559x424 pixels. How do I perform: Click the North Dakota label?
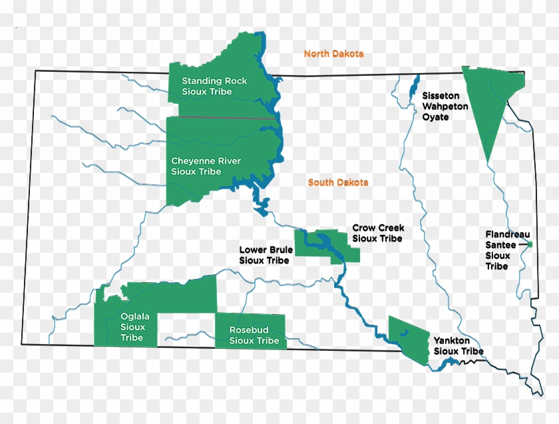click(x=333, y=54)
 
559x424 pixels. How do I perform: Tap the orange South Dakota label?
click(x=338, y=182)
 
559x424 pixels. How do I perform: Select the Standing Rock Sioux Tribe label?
click(x=214, y=86)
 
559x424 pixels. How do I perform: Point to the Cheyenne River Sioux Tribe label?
click(x=206, y=166)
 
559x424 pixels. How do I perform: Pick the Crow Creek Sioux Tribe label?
click(x=378, y=233)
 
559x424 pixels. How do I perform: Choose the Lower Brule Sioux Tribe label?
click(x=266, y=255)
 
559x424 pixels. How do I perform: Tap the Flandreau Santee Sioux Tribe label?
click(x=506, y=250)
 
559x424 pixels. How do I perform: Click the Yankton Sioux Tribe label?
click(x=459, y=345)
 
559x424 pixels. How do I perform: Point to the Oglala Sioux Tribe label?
click(x=132, y=327)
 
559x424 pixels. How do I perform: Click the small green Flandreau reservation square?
click(x=531, y=245)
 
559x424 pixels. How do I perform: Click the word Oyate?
click(x=435, y=117)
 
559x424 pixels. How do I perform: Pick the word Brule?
click(x=279, y=250)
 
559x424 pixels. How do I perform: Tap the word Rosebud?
click(x=248, y=330)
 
